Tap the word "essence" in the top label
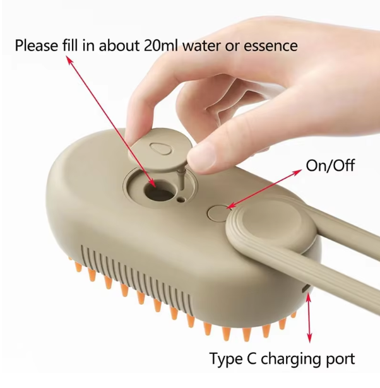tap(271, 46)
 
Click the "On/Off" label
tap(330, 165)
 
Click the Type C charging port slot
tap(306, 288)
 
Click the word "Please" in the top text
tap(37, 46)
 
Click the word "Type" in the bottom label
tap(226, 359)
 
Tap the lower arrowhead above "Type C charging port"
tap(309, 339)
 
